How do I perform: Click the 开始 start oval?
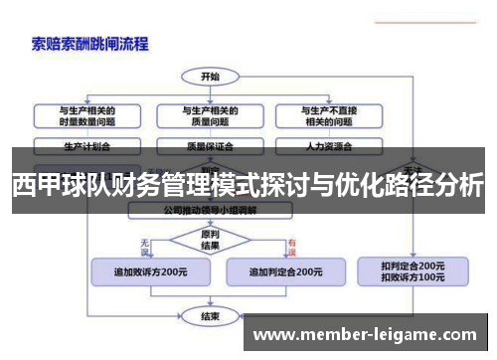tap(210, 76)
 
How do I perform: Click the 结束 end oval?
tap(210, 316)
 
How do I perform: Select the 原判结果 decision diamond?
tap(210, 239)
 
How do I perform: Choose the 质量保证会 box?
tap(210, 145)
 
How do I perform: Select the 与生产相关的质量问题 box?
tap(210, 115)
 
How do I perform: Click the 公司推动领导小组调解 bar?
tap(210, 211)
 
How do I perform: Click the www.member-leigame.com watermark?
tap(367, 333)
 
